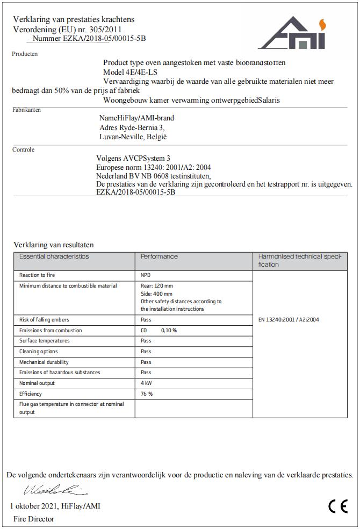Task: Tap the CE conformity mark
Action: tap(338, 506)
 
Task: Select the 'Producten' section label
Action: tap(25, 54)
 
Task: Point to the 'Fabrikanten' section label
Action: tap(26, 110)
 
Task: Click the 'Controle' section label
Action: tap(23, 149)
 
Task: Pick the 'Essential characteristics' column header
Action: tap(54, 257)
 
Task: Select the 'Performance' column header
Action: tap(159, 257)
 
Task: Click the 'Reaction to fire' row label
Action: tap(37, 275)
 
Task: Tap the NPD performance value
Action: tap(146, 275)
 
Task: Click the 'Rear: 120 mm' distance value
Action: tap(157, 286)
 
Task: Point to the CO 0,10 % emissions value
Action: tap(159, 331)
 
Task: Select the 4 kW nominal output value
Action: tap(146, 383)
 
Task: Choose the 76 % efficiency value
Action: tap(147, 394)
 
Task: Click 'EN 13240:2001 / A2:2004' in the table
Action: tap(289, 320)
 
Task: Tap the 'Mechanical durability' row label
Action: tap(44, 362)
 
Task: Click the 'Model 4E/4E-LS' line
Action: tap(130, 72)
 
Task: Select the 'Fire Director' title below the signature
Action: tap(34, 519)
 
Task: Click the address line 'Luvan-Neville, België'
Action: tap(133, 137)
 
